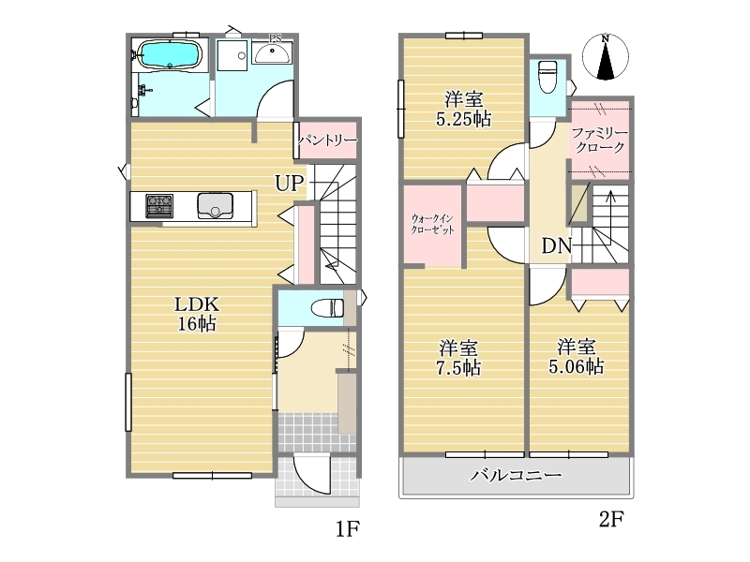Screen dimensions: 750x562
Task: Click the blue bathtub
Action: click(x=170, y=54)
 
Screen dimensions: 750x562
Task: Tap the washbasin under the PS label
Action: click(x=271, y=52)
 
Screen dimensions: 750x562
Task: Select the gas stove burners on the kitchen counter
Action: click(x=159, y=206)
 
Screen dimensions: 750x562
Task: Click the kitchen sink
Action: click(x=216, y=205)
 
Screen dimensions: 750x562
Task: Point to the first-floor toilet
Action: click(x=327, y=307)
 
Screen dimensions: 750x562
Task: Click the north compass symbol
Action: click(x=606, y=57)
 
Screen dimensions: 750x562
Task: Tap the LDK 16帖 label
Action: click(x=197, y=314)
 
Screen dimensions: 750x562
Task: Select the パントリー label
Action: click(x=327, y=140)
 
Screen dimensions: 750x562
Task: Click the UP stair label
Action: click(x=290, y=183)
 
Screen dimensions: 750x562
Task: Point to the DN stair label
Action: click(x=556, y=245)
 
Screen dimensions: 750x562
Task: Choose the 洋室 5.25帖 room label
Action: click(x=463, y=109)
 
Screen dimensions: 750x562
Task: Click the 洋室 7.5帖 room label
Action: click(x=458, y=358)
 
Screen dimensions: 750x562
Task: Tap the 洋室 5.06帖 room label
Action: click(x=576, y=357)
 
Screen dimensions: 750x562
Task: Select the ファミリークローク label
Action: click(x=599, y=140)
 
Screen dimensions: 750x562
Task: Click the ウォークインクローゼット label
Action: click(x=432, y=224)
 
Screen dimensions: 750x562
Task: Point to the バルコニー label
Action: click(x=516, y=475)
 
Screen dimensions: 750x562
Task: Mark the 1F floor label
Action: click(x=347, y=529)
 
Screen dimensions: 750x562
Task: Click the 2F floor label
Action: click(x=611, y=519)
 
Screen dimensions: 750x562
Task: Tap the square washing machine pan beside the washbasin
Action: click(x=232, y=55)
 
